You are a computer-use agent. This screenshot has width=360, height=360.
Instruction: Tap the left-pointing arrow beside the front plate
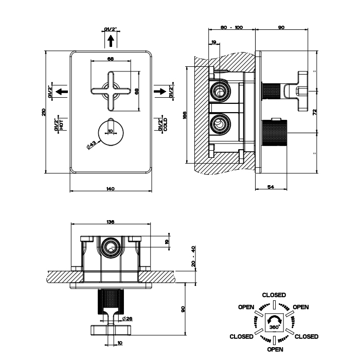(62, 92)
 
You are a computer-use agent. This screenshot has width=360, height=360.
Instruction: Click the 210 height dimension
(45, 112)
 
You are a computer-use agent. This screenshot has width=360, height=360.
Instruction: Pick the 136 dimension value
(110, 222)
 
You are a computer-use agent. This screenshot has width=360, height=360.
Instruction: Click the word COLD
(165, 124)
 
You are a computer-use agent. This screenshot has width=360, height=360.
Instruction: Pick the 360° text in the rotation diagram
(274, 327)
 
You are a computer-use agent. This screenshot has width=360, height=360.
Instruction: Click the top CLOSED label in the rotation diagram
(274, 295)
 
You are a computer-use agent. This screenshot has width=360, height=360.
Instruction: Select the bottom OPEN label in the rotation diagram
(275, 349)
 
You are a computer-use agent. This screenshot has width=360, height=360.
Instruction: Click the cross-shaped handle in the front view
(110, 92)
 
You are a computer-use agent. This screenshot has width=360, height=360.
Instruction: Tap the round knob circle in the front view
(110, 132)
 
